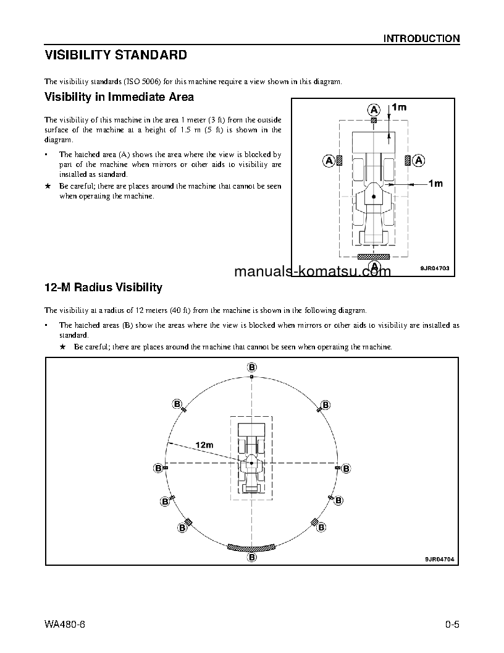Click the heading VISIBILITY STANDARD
115,56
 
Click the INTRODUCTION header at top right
421,38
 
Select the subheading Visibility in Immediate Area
119,97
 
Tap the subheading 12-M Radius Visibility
103,288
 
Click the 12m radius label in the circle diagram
204,445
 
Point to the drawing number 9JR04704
439,559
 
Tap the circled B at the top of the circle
252,367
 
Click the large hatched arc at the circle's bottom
251,547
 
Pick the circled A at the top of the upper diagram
374,109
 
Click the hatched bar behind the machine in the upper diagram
374,255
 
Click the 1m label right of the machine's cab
435,184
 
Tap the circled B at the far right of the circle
346,468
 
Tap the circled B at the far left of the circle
157,468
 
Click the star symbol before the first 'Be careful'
48,186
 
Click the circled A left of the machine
329,161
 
